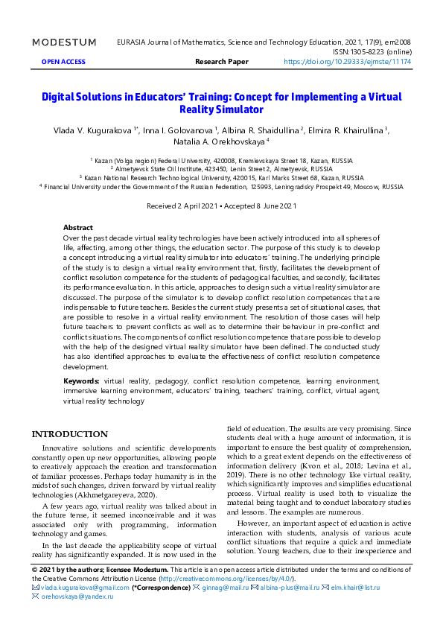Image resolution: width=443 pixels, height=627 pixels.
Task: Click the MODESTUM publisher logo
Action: pos(64,42)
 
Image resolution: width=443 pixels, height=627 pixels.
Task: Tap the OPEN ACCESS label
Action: pos(63,63)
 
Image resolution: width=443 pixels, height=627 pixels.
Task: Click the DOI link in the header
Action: pos(348,63)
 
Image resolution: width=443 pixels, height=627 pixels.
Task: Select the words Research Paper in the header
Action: pos(221,63)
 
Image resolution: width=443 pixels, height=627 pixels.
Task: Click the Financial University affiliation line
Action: pos(221,187)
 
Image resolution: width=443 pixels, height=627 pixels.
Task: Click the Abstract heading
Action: pos(78,227)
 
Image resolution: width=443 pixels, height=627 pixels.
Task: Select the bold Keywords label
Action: pos(81,381)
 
